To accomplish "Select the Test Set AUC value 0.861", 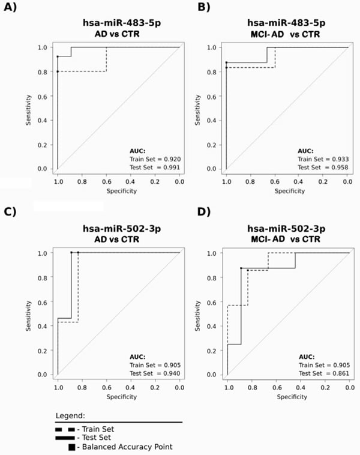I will tap(338, 373).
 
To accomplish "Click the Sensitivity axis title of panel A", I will tap(28, 108).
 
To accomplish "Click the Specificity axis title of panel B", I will tap(287, 191).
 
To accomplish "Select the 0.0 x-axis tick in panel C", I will tap(179, 387).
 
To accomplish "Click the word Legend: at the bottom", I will tap(70, 415).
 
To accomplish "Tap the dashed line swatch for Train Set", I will tap(65, 429).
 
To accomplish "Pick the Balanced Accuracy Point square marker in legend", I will tap(72, 447).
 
